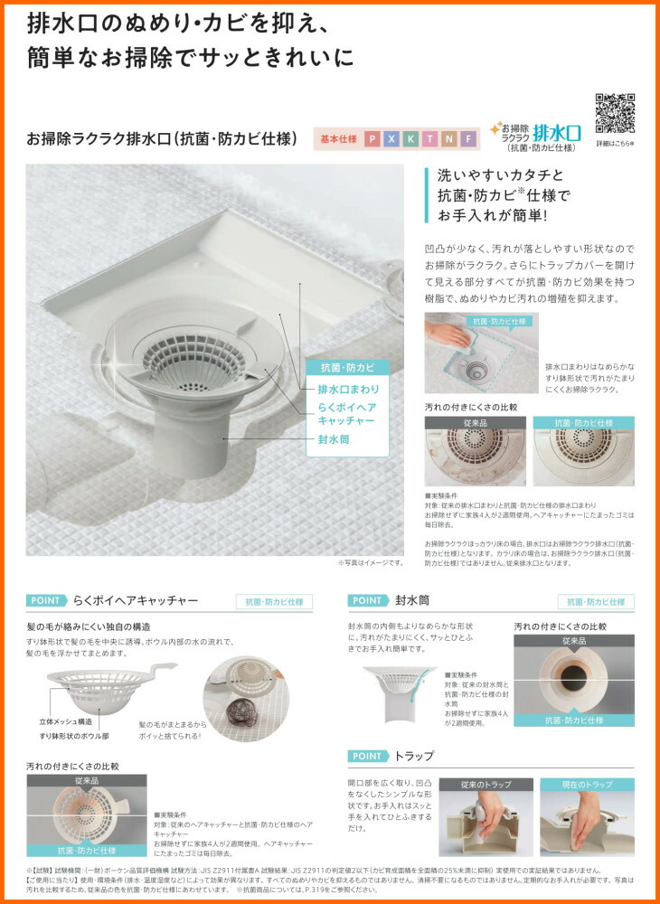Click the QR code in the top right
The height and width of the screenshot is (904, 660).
tap(615, 114)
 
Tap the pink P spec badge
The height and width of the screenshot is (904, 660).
tap(372, 139)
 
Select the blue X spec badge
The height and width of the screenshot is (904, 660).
tap(391, 139)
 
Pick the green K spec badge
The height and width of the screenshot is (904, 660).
tap(410, 139)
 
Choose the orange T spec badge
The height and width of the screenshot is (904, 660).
tap(429, 139)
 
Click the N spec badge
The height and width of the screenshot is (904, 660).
tap(448, 139)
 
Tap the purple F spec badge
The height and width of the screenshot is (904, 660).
tap(467, 139)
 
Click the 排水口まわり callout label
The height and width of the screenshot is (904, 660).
tap(348, 389)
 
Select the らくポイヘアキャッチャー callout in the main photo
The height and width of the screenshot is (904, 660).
tap(348, 414)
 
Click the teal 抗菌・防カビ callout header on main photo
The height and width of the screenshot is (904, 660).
tap(348, 367)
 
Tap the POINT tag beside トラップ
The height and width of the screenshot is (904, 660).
tap(368, 756)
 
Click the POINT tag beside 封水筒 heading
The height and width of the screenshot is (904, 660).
tap(368, 600)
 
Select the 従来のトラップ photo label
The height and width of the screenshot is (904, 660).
tap(486, 785)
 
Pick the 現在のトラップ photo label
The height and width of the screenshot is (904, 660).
tap(587, 785)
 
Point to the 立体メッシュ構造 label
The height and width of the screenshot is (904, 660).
tap(65, 722)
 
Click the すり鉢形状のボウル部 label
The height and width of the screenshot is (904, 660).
tap(74, 738)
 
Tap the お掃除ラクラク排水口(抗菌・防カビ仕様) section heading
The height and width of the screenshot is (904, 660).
tap(163, 139)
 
